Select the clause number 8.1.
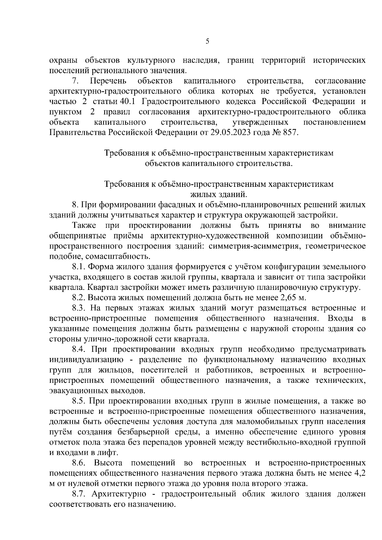pyautogui.click(x=78, y=267)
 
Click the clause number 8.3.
pyautogui.click(x=78, y=308)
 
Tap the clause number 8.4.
pyautogui.click(x=79, y=349)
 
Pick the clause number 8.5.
pyautogui.click(x=78, y=401)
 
